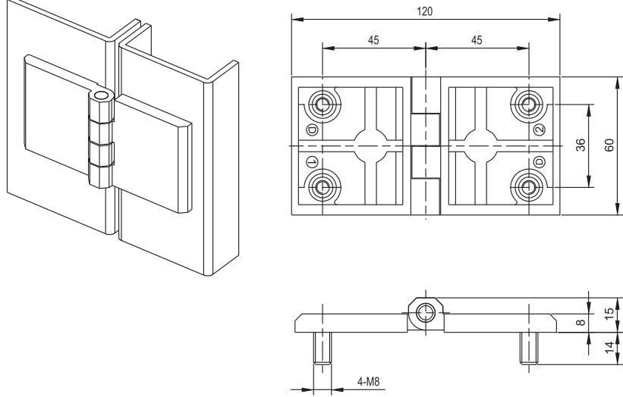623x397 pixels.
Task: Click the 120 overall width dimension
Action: tap(426, 10)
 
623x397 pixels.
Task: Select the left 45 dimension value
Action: tap(373, 40)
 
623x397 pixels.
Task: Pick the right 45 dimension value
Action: tap(477, 40)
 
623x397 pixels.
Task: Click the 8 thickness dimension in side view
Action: tap(581, 324)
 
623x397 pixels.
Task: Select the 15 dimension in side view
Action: tap(609, 314)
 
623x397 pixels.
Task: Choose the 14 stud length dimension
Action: tap(609, 348)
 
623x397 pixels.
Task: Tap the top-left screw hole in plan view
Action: tap(323, 104)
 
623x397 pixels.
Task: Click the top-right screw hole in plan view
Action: tap(528, 104)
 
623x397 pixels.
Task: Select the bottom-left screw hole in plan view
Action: tap(323, 186)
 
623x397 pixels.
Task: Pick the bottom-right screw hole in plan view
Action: tap(528, 186)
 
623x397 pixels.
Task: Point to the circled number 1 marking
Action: tap(312, 161)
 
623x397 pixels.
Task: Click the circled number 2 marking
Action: tap(540, 130)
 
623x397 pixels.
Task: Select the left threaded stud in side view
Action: tap(323, 349)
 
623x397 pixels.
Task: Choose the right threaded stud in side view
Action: tap(527, 349)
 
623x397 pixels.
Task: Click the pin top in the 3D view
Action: tap(102, 97)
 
